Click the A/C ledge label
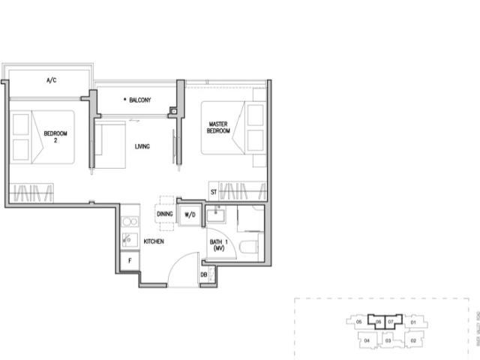pos(52,80)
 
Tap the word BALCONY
pos(140,100)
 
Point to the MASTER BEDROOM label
pos(218,127)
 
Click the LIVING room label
pos(142,147)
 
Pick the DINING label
pos(165,214)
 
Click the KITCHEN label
pos(154,241)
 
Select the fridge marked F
pos(130,261)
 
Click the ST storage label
pos(214,193)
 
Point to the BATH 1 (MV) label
pos(219,244)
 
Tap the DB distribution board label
pos(204,275)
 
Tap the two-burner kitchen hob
pos(127,222)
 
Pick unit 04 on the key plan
pos(367,340)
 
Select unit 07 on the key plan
pos(390,322)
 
